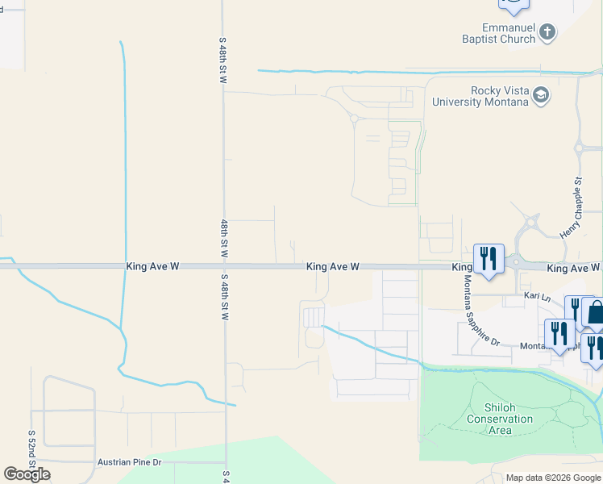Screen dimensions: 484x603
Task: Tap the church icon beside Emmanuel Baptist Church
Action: [547, 32]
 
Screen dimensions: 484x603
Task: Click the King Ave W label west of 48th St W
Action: [152, 266]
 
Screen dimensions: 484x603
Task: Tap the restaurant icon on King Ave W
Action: [489, 258]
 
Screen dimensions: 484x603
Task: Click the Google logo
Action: [27, 474]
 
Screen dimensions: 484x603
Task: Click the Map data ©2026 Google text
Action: [553, 478]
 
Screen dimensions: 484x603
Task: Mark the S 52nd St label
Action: [32, 444]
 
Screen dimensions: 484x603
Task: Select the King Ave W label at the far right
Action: [574, 267]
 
